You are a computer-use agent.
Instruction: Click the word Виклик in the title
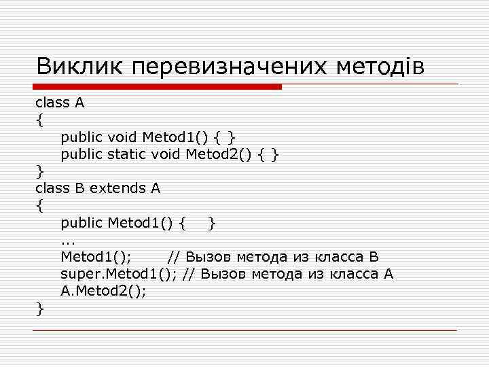79,67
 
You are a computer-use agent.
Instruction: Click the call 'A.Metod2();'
104,292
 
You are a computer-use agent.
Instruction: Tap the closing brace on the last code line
40,309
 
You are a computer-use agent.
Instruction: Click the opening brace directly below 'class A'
40,121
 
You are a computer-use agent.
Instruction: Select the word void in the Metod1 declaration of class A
123,138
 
